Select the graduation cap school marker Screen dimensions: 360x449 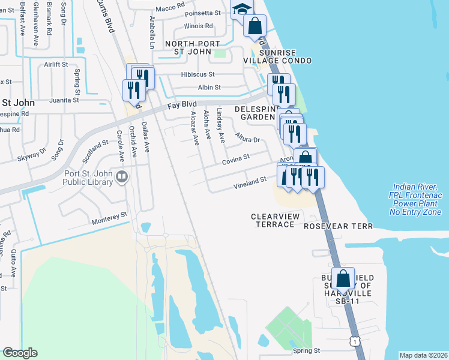tap(242, 10)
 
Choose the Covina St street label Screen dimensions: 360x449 tap(235, 159)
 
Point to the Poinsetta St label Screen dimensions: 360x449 tap(202, 13)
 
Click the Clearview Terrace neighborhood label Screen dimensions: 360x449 tap(273, 220)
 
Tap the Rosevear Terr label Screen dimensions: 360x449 tap(339, 226)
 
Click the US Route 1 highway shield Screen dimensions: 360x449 tap(355, 341)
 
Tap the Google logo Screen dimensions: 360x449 tap(20, 353)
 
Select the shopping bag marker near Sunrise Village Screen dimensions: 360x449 tap(255, 26)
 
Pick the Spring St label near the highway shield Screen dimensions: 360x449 tap(307, 350)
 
